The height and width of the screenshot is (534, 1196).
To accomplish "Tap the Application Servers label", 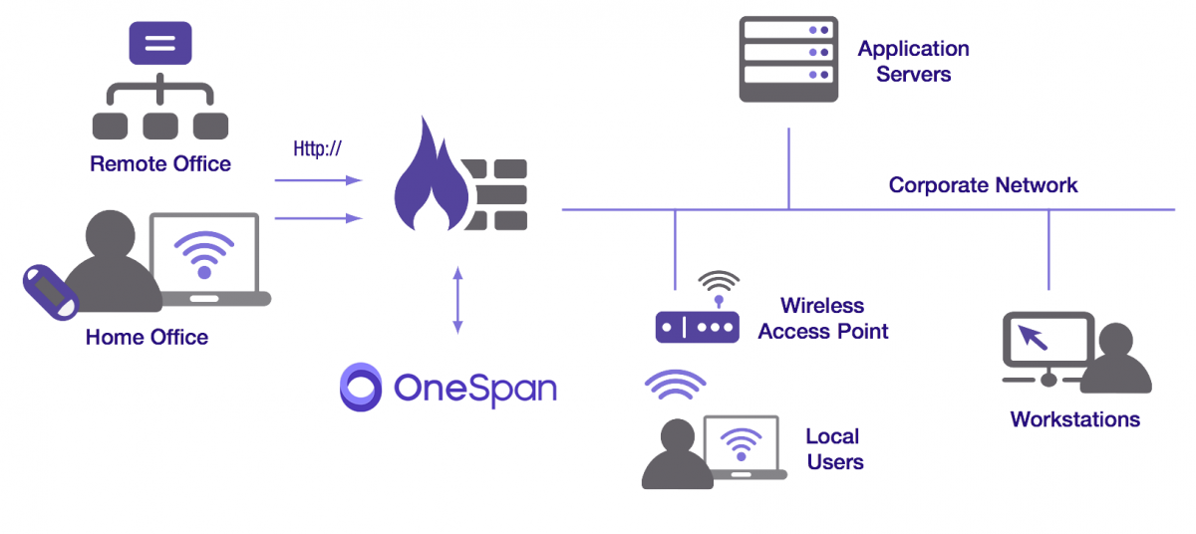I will [x=913, y=61].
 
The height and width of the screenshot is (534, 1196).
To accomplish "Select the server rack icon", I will [x=787, y=59].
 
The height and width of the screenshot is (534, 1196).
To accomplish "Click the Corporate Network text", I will [x=983, y=185].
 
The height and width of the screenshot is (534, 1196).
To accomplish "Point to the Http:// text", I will [x=317, y=149].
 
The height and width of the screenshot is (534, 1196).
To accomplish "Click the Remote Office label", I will [x=160, y=164].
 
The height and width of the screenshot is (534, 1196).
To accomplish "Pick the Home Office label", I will [x=147, y=337].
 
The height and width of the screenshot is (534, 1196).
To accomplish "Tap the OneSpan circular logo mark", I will [x=361, y=387].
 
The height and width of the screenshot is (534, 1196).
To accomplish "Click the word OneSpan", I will [x=474, y=388].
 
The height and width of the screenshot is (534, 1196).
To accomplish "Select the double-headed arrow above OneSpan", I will [x=457, y=299].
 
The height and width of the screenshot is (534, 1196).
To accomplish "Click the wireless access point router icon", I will [x=697, y=325].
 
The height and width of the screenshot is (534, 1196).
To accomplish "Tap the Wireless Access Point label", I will [x=822, y=318].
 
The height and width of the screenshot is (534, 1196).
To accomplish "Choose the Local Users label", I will [x=834, y=448].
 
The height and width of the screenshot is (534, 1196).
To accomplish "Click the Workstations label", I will [x=1074, y=418].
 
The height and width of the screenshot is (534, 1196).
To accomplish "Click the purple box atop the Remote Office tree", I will [x=160, y=44].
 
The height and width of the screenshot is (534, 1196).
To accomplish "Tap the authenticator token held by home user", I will [x=50, y=291].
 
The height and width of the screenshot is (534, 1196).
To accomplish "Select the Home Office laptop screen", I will [x=204, y=254].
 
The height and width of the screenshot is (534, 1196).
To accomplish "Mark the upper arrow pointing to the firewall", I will [x=317, y=180].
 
